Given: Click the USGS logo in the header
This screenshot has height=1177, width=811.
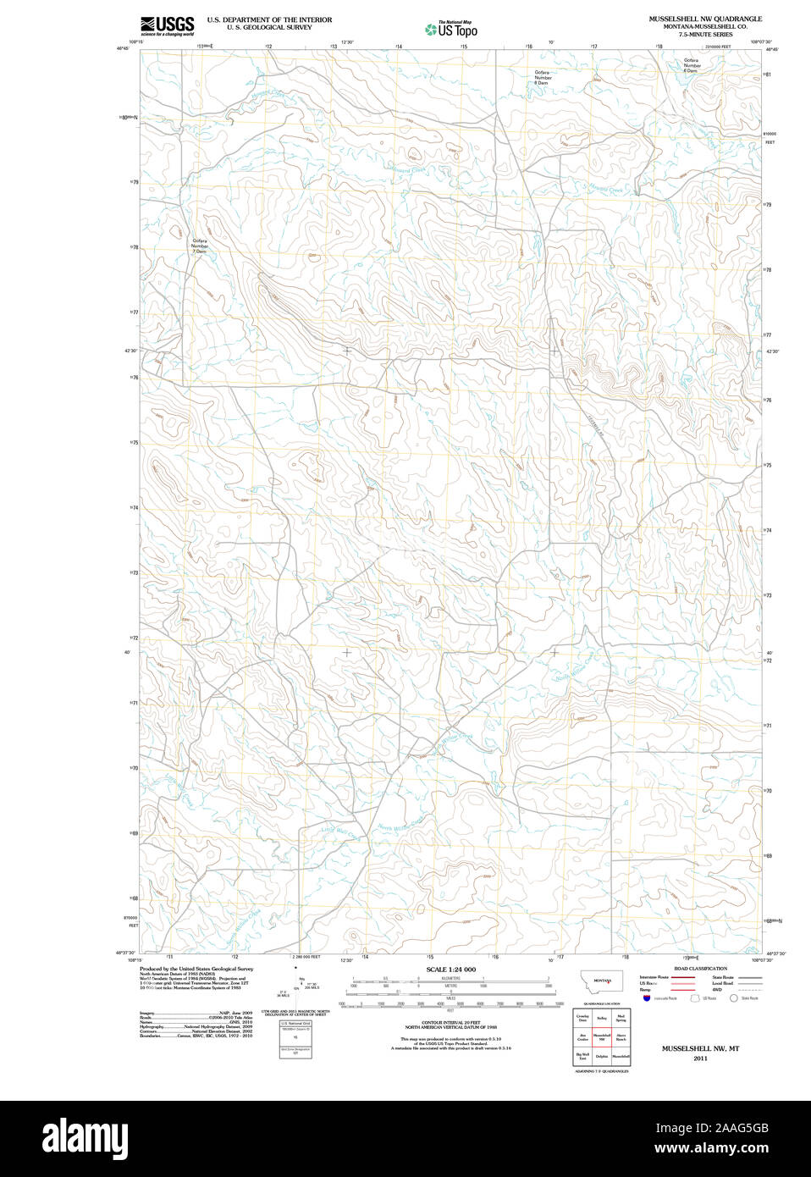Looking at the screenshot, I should coord(167,26).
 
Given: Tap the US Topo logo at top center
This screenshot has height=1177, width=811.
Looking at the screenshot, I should coord(452,29).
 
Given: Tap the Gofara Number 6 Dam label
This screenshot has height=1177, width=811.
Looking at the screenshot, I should coord(691,65).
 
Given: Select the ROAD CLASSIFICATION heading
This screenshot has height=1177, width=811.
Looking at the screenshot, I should coord(700,969).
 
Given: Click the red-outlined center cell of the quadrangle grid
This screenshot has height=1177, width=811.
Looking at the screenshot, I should coord(601,1037).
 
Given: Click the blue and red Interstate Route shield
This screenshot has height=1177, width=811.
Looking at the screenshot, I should coord(647,998).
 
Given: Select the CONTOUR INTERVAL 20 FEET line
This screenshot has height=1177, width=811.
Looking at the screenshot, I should coord(450,1023).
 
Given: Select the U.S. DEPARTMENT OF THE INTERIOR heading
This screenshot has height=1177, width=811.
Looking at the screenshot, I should coord(269,19).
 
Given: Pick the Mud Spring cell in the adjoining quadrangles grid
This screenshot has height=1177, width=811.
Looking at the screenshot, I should coord(621,1018).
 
